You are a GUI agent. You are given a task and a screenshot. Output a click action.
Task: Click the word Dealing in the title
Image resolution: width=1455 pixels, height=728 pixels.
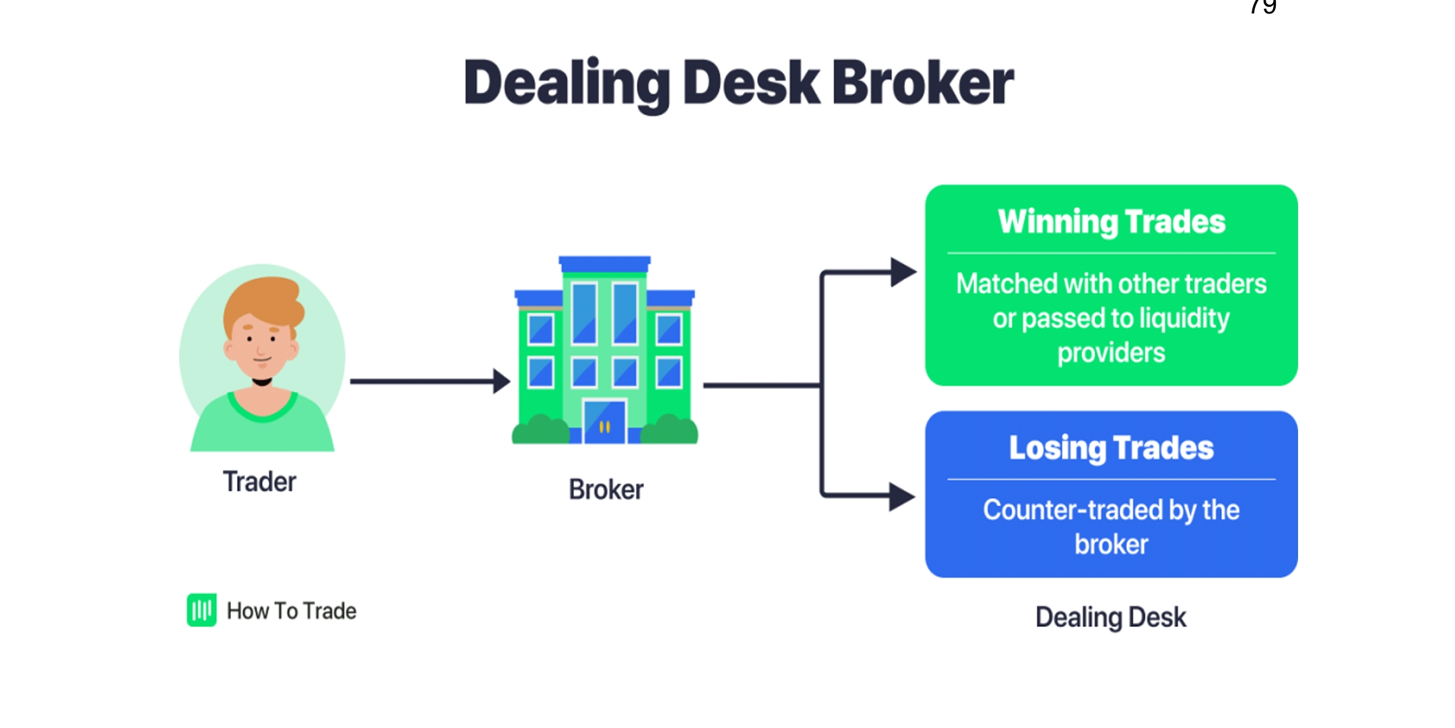566,84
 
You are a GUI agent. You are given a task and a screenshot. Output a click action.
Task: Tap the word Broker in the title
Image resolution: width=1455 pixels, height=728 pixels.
923,84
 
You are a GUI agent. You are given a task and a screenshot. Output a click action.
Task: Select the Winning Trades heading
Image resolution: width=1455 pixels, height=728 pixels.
1111,222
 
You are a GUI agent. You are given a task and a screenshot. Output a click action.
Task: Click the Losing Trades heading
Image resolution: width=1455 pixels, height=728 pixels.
1111,448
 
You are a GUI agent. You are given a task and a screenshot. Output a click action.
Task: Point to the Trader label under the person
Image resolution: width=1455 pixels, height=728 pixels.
259,482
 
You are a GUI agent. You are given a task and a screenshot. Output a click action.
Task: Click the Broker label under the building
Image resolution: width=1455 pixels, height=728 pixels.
606,489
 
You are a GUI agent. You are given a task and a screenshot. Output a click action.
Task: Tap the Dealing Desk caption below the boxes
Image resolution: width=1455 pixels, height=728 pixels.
1111,617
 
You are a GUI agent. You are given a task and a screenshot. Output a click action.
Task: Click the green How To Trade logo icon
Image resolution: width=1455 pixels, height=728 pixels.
201,610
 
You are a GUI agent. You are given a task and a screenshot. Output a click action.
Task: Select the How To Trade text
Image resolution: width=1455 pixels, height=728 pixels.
292,611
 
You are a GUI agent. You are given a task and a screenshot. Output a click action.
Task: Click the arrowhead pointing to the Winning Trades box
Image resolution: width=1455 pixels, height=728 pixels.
903,272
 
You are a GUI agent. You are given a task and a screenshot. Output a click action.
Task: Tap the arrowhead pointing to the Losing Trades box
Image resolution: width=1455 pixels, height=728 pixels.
901,497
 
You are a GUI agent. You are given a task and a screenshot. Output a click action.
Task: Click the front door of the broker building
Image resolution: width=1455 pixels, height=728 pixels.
604,423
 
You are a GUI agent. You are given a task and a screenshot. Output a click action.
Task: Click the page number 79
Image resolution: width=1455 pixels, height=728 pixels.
1263,7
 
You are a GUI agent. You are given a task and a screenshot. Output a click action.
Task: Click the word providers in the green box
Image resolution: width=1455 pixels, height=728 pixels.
1111,353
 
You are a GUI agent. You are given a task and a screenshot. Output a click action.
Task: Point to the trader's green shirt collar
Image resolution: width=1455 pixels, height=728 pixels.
262,408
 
